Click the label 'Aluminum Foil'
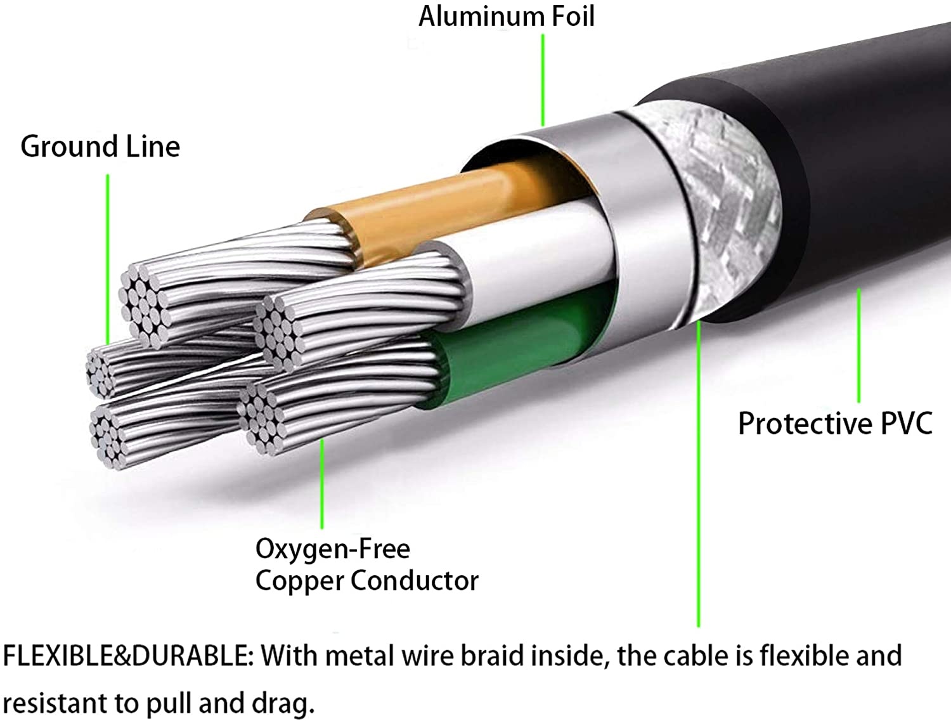click(506, 16)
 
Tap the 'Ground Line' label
click(100, 147)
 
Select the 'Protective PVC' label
click(835, 423)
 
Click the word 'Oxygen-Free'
click(332, 549)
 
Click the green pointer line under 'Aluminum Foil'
click(543, 79)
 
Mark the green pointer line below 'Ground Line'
click(108, 254)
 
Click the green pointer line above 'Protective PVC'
click(859, 346)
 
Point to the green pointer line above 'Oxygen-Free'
click(322, 482)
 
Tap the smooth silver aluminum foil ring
click(640, 222)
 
